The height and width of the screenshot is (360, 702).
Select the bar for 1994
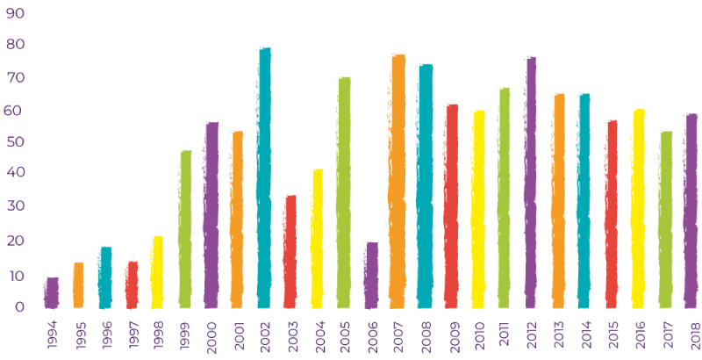point(52,292)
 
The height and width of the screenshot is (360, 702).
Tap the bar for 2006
point(371,275)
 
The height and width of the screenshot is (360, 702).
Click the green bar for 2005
point(344,192)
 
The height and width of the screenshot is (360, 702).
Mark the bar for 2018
point(691,210)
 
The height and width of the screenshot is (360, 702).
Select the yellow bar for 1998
point(157,271)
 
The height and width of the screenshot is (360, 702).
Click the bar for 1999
point(185,228)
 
